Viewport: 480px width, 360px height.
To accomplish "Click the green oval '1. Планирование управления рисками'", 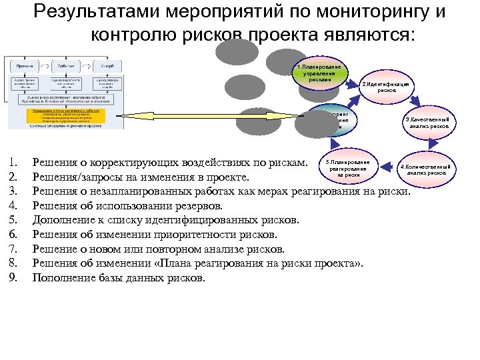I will click(x=321, y=74).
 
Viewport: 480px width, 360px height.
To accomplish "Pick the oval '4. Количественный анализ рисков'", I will click(x=426, y=169).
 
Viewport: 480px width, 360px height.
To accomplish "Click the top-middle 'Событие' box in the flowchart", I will click(x=65, y=67).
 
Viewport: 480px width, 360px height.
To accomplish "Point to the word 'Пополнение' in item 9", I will click(x=65, y=277).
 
